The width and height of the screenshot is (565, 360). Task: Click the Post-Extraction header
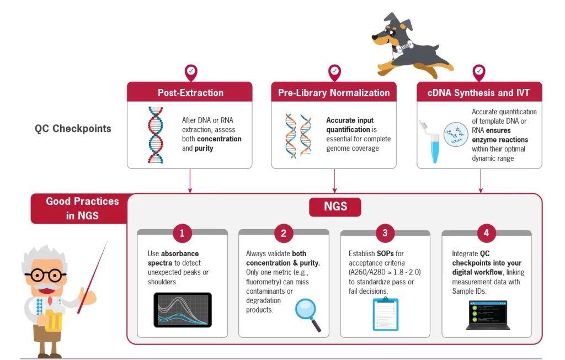click(190, 92)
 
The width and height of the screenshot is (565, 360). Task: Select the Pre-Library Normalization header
click(334, 92)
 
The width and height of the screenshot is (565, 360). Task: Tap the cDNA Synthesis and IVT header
click(479, 92)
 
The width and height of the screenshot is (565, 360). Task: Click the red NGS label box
click(335, 207)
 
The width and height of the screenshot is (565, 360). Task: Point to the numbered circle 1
click(182, 233)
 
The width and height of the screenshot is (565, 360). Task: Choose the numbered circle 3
click(385, 233)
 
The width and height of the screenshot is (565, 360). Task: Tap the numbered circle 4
click(486, 233)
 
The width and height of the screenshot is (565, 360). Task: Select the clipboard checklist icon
click(385, 314)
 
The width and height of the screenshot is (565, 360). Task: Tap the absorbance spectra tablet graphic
click(183, 310)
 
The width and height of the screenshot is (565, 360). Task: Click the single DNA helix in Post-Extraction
click(156, 135)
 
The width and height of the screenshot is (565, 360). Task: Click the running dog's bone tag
click(406, 47)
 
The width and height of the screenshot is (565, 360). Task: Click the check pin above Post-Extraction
click(190, 72)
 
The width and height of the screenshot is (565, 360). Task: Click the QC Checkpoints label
click(73, 129)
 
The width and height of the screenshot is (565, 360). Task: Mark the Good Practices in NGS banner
click(82, 208)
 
